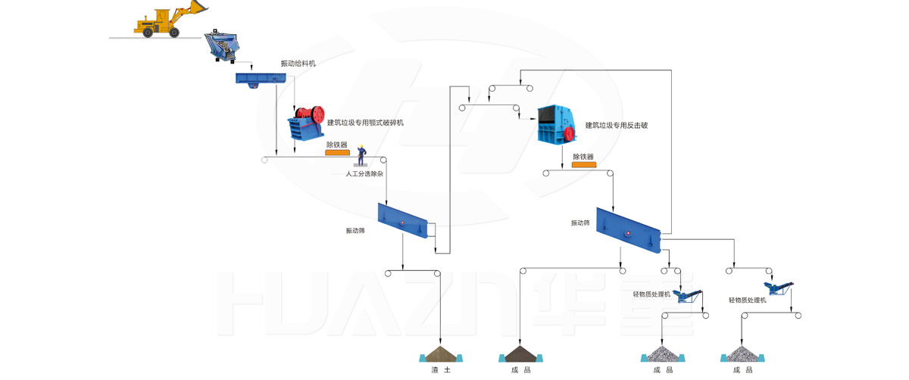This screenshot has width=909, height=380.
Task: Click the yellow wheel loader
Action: [x=168, y=20]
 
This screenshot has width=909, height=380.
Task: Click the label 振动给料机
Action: [x=298, y=64]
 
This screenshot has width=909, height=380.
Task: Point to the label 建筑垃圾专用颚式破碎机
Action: [x=365, y=123]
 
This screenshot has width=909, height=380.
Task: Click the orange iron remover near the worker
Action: [x=337, y=153]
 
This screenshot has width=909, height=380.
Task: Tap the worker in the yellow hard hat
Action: [x=362, y=154]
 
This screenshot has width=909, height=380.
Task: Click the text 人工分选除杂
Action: [x=364, y=174]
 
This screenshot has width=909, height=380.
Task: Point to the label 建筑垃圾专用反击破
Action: [x=617, y=126]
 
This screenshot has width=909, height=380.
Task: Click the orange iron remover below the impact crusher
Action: [x=584, y=165]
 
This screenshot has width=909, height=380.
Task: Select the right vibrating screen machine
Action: [x=628, y=226]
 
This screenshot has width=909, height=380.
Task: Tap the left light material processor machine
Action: [x=687, y=294]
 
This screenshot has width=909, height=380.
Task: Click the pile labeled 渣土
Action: [x=441, y=354]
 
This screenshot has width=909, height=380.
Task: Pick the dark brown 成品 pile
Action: [x=520, y=354]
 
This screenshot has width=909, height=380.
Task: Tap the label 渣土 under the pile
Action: [x=441, y=370]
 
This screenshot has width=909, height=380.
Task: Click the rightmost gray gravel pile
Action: [x=742, y=354]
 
